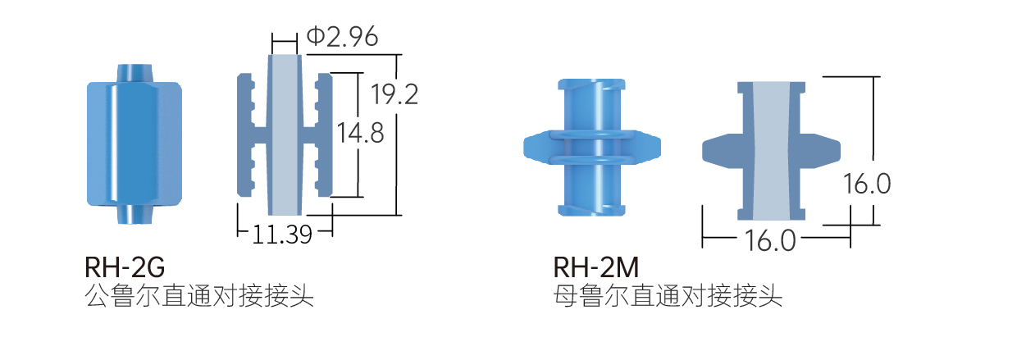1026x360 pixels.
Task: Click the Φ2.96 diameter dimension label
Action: click(342, 37)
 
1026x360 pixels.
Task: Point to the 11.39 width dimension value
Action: click(282, 235)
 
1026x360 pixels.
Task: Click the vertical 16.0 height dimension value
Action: click(866, 184)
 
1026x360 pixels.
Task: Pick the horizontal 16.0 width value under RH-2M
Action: click(770, 240)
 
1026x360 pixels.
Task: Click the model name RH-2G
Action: click(125, 267)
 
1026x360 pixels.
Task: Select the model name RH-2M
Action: click(596, 267)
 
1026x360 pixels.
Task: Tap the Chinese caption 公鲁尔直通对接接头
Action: click(199, 295)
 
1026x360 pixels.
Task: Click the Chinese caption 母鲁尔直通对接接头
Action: click(668, 295)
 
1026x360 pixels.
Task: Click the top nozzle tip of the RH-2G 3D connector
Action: click(134, 71)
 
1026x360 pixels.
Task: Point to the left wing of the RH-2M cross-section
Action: click(722, 148)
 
